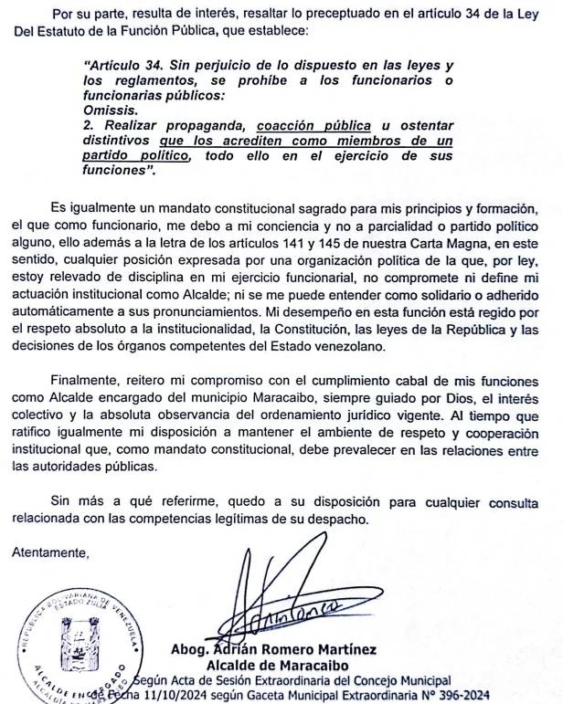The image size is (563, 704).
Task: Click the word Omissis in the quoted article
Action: tap(108, 108)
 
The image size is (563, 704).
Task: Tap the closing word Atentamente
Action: tap(49, 553)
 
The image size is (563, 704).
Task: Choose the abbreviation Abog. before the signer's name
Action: tap(193, 650)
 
